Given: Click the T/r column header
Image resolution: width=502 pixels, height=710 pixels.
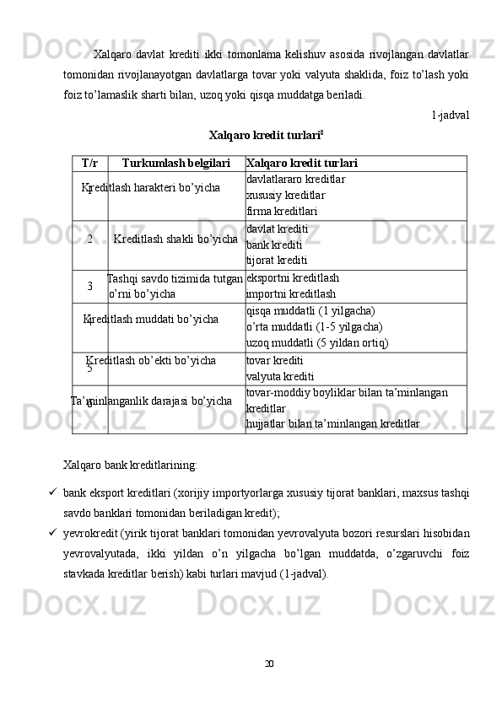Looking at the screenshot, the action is tap(89, 163).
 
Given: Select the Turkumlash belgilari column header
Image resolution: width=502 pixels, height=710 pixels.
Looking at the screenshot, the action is tap(175, 163).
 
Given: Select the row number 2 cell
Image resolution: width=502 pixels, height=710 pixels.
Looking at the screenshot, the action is tap(89, 239).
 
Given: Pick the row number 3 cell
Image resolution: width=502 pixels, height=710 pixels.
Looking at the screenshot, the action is tap(89, 287).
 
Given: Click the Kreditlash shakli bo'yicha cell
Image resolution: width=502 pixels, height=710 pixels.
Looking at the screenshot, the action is tap(175, 239).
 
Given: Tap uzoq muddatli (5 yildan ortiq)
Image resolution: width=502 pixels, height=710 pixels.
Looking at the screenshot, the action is tap(316, 342).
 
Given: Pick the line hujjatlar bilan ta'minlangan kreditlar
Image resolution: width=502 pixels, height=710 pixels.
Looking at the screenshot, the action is tap(332, 423).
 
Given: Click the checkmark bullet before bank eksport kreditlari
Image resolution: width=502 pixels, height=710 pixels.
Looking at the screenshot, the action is tap(52, 491).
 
